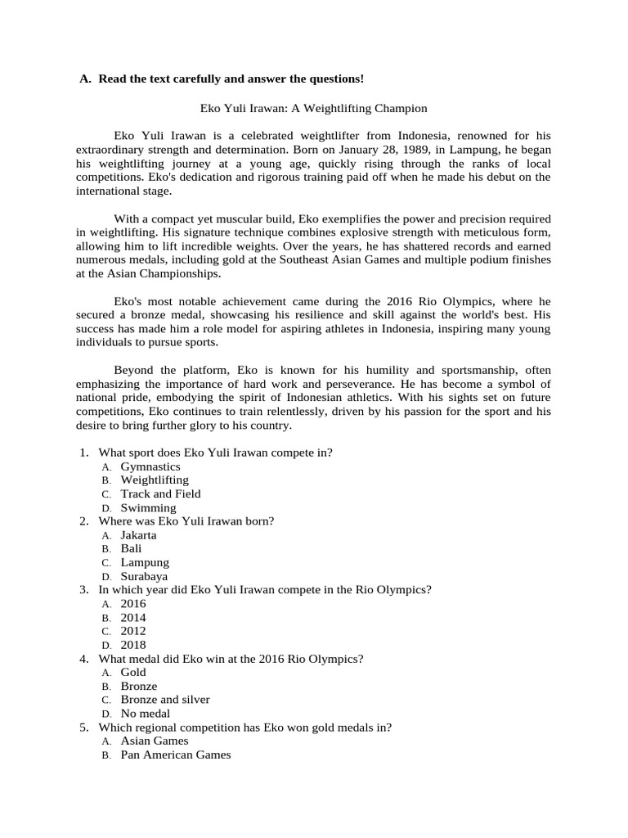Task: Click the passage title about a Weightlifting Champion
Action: coord(314,108)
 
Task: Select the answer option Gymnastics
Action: coord(150,466)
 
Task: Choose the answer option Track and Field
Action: coord(160,493)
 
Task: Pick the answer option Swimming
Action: coord(148,507)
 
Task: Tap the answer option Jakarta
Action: coord(138,535)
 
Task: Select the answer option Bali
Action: coord(131,548)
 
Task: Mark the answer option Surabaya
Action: coord(144,576)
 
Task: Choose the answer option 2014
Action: coord(133,617)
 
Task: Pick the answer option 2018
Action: coord(133,645)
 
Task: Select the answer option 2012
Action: coord(133,631)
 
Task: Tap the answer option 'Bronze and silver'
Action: coord(165,700)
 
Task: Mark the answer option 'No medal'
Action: coord(146,714)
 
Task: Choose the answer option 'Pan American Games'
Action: coord(176,755)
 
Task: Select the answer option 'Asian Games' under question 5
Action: coord(155,741)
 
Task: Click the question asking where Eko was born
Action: coord(186,521)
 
